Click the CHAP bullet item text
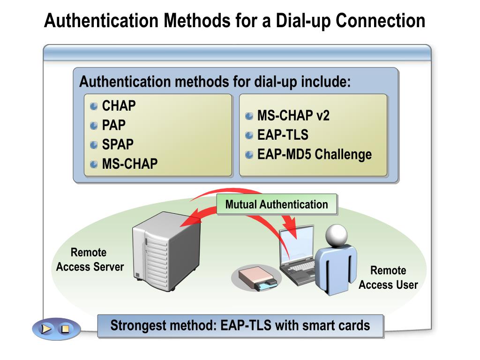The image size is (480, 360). [x=119, y=106]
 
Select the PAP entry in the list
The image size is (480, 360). [x=113, y=125]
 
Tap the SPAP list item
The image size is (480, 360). [x=118, y=144]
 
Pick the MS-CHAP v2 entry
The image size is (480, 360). [x=293, y=116]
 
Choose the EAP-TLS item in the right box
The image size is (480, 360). [x=283, y=135]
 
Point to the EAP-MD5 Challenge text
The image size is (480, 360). [x=314, y=154]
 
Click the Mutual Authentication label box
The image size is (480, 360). [x=277, y=204]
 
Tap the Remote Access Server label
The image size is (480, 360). [x=90, y=260]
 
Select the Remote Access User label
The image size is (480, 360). [x=388, y=277]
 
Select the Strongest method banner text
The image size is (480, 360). [x=240, y=325]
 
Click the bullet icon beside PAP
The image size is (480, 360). [x=94, y=126]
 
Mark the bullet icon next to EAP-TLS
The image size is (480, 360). [x=249, y=135]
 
